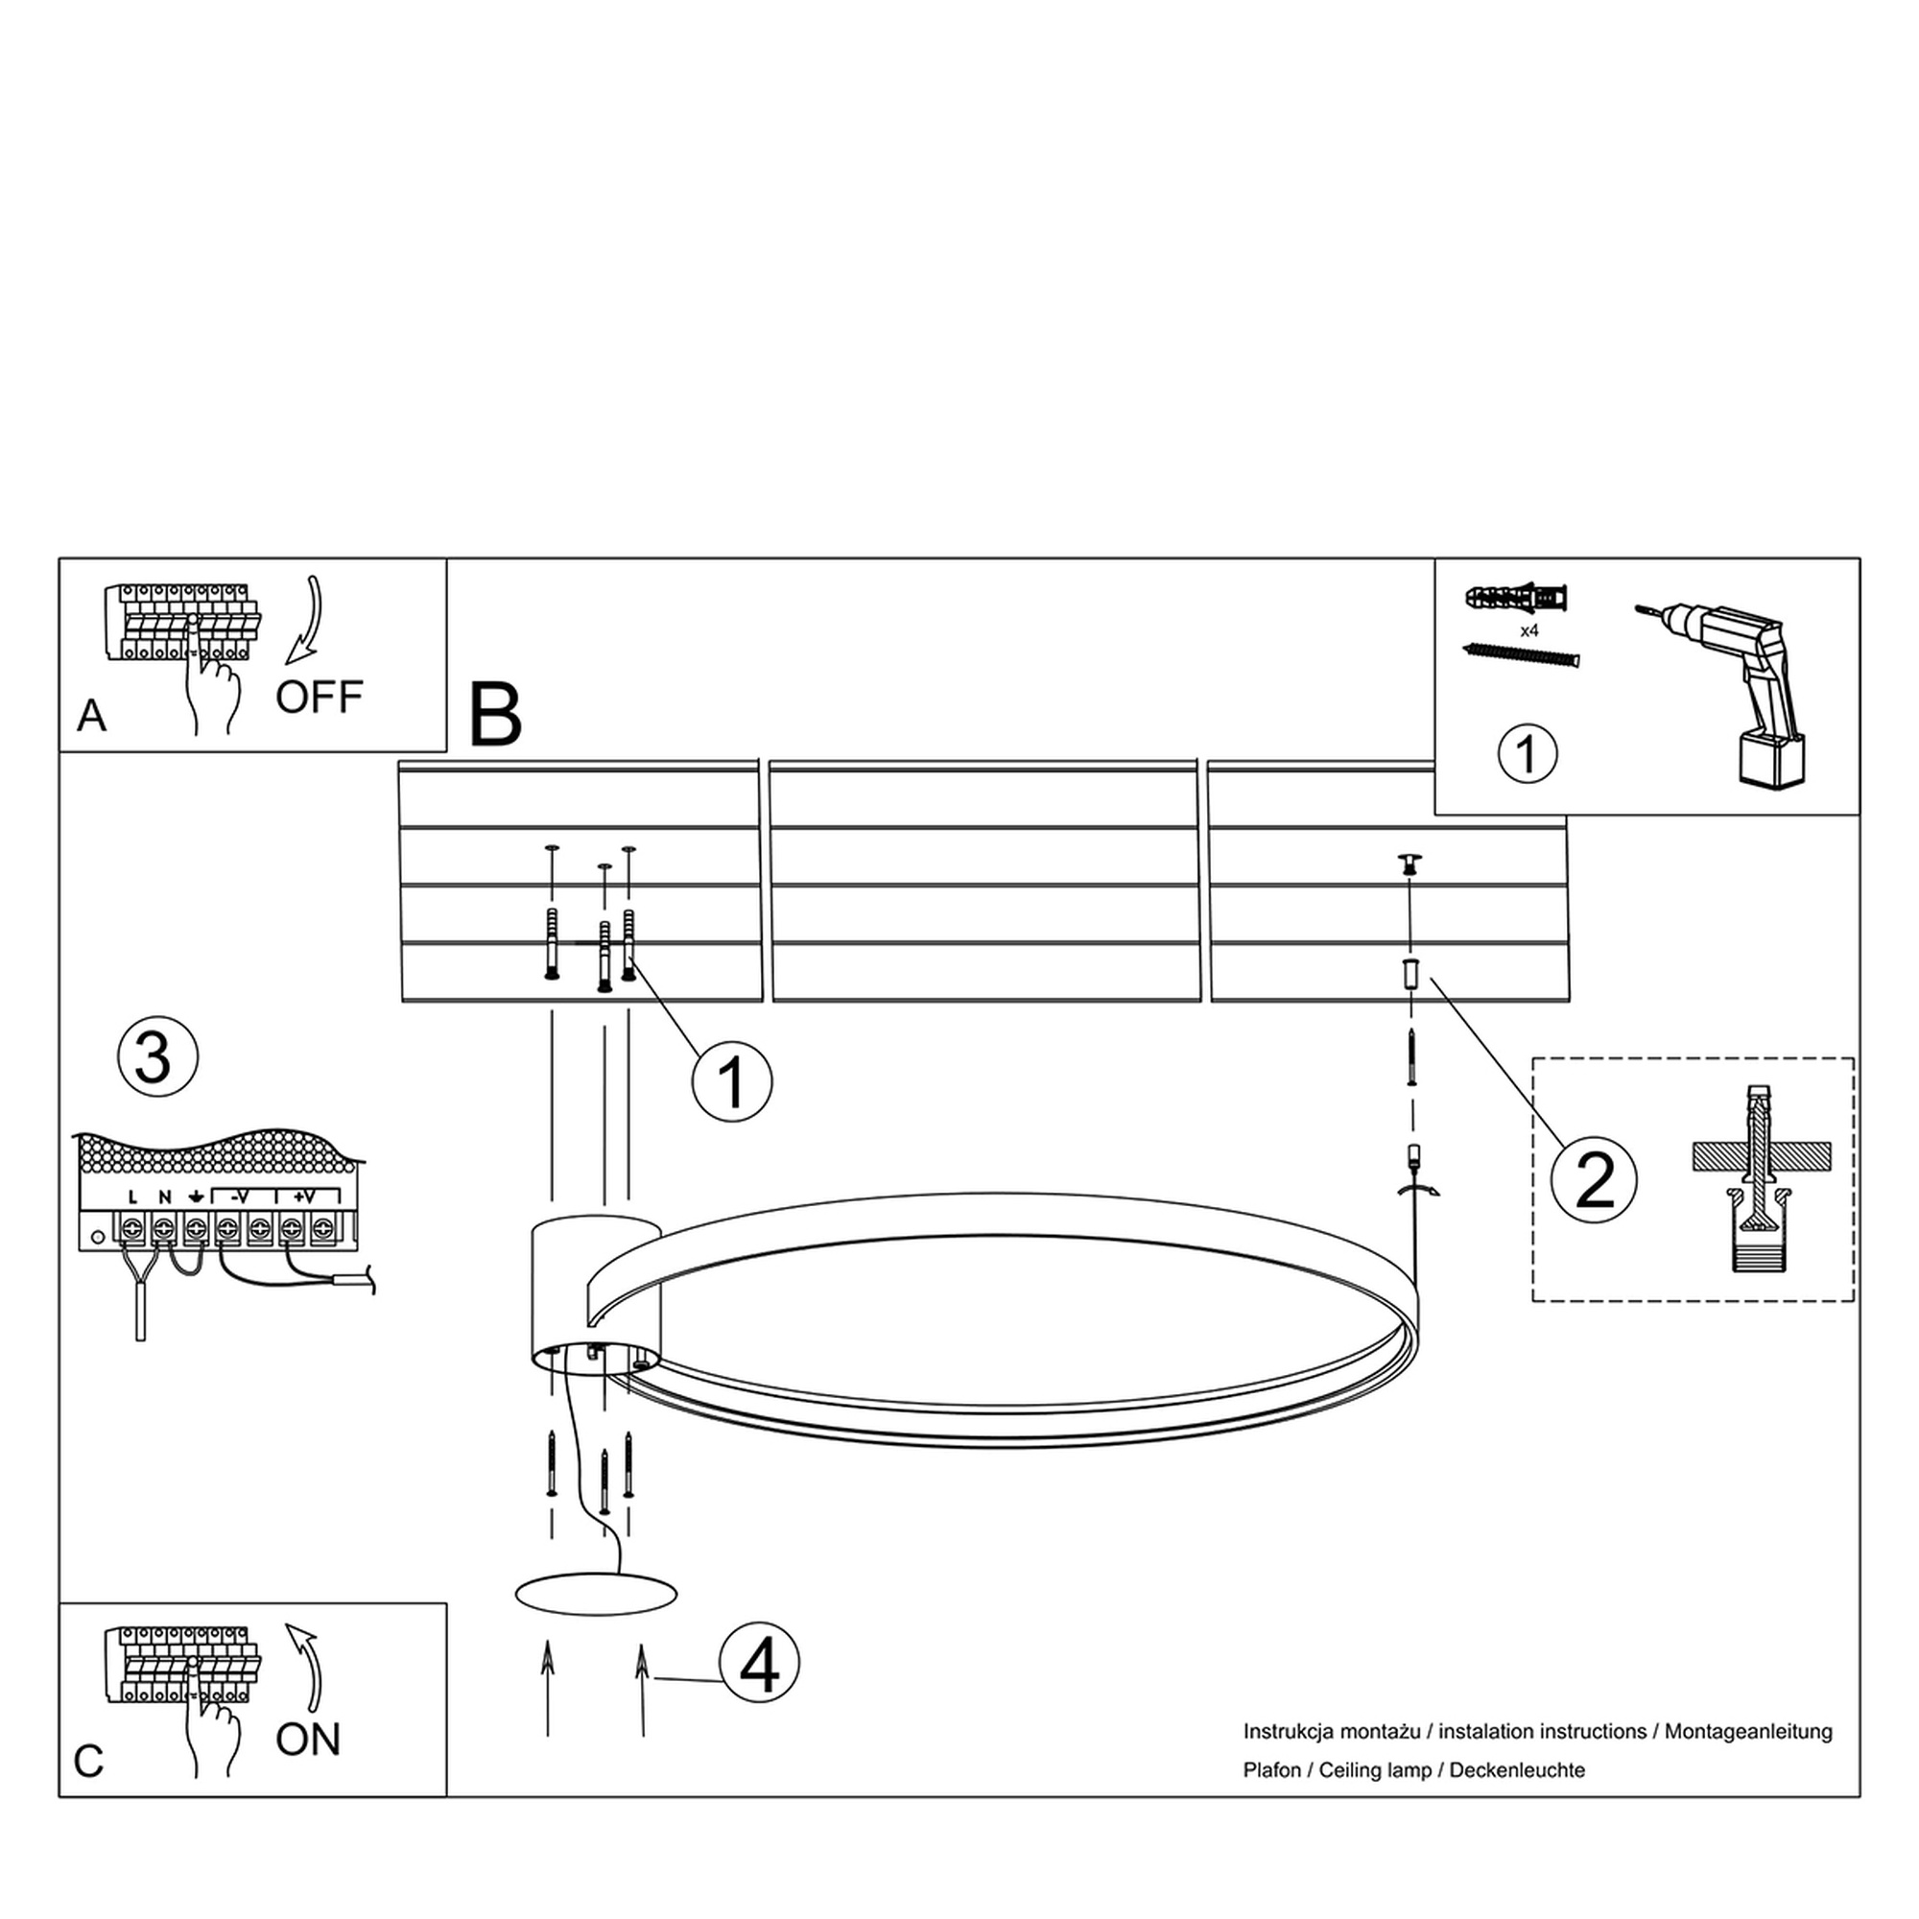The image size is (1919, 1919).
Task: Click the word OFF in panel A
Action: click(x=319, y=698)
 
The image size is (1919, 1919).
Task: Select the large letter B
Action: click(x=495, y=714)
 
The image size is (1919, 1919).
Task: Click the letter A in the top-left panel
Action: click(x=91, y=715)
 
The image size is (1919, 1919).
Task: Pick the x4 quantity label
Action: click(x=1529, y=630)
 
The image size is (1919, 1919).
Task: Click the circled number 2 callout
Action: click(x=1594, y=1181)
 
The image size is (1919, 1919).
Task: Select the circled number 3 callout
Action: click(x=158, y=1056)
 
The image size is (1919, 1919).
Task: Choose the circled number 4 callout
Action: click(x=760, y=1664)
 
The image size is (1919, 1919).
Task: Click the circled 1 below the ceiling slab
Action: click(x=732, y=1082)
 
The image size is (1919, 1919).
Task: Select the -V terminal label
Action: click(x=239, y=1196)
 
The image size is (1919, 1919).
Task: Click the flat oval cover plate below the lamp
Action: click(x=596, y=1594)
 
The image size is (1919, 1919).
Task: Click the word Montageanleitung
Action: click(x=1748, y=1732)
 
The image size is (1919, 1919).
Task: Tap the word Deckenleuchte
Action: click(x=1518, y=1770)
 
